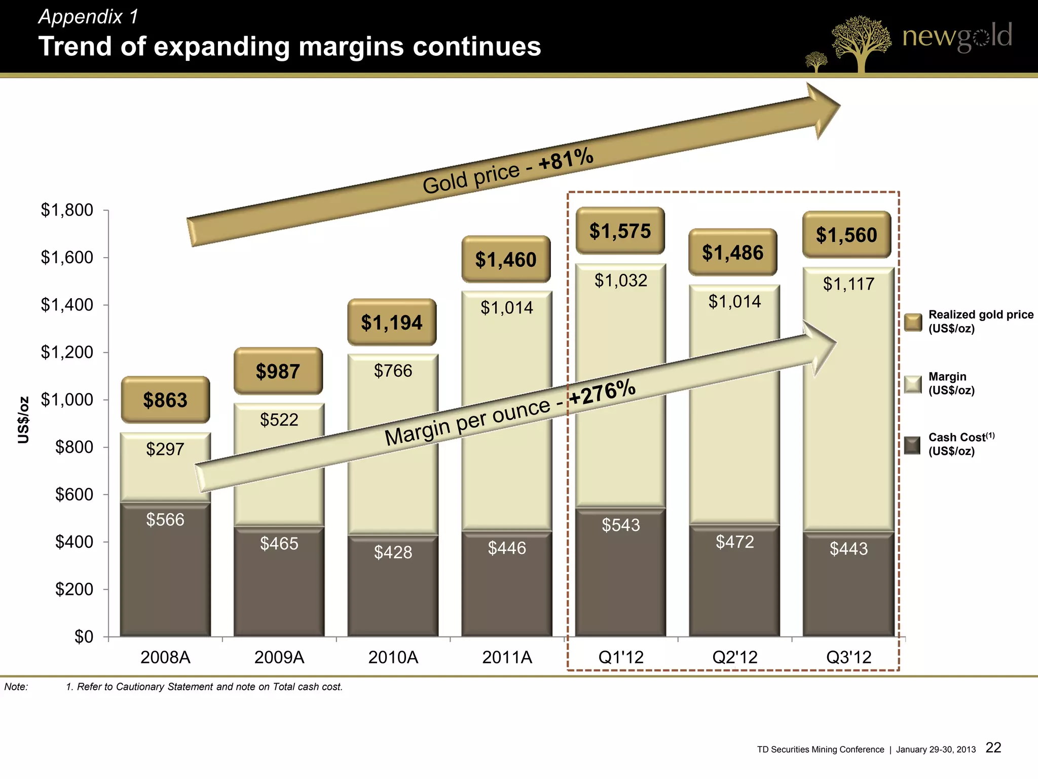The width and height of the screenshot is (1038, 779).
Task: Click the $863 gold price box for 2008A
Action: click(x=165, y=400)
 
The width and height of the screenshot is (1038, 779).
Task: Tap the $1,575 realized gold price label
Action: click(x=620, y=231)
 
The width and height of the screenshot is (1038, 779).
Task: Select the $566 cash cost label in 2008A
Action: click(x=165, y=519)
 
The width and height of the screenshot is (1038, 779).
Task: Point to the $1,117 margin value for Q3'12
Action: click(x=848, y=284)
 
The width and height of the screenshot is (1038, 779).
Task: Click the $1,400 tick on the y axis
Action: click(x=67, y=305)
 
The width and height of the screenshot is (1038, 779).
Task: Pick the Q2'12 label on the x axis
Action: click(x=734, y=657)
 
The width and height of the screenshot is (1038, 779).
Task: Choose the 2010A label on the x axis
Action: click(x=393, y=657)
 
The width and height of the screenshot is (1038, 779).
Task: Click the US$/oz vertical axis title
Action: click(x=23, y=420)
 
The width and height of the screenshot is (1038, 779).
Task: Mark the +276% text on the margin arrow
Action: click(x=602, y=393)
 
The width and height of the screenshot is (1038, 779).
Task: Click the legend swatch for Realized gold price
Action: click(x=913, y=322)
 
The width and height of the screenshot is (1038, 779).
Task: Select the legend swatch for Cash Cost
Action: click(x=912, y=445)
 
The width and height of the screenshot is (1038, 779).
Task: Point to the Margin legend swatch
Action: click(x=913, y=384)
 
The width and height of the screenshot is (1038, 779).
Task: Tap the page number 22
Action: click(x=993, y=748)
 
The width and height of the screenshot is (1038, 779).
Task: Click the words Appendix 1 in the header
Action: click(x=88, y=17)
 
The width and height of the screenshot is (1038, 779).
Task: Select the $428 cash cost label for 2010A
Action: click(x=393, y=552)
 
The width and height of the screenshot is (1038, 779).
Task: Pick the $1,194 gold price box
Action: click(x=392, y=323)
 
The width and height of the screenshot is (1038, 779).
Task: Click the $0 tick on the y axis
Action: click(x=84, y=636)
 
